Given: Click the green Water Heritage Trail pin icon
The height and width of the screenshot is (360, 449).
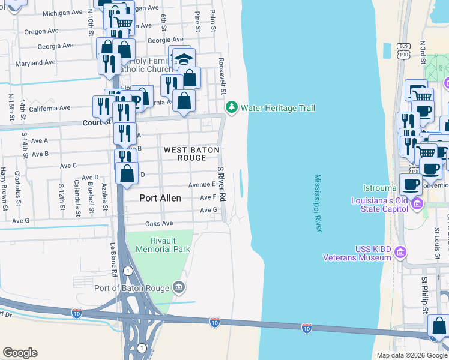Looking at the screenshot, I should tap(231, 108).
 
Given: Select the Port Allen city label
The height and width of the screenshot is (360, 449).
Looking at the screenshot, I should tap(160, 197).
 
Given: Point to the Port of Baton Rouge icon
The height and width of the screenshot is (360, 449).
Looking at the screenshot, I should tap(178, 287).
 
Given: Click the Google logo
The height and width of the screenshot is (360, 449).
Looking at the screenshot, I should tap(20, 353).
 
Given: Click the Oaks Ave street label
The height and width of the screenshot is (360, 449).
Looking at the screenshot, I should tap(159, 224).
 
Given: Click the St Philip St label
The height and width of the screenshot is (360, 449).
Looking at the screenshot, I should tap(424, 295).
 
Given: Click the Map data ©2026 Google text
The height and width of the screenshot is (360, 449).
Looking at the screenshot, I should tap(411, 355).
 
